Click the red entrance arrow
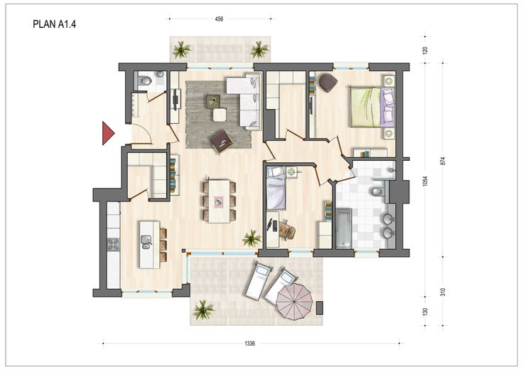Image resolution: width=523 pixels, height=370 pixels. click(107, 133)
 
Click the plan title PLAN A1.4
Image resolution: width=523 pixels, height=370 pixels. click(55, 24)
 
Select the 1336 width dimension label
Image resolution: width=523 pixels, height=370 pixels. click(250, 343)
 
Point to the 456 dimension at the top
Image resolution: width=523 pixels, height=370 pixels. click(219, 19)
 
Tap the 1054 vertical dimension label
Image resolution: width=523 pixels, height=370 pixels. click(425, 181)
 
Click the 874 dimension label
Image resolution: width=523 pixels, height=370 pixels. click(443, 162)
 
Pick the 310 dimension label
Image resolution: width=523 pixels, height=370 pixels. click(443, 292)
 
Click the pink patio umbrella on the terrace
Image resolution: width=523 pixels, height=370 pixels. click(294, 302)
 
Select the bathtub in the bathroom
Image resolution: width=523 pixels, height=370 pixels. click(343, 228)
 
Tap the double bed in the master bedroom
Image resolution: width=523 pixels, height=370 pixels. click(372, 107)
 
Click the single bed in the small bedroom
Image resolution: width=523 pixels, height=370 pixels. click(276, 188)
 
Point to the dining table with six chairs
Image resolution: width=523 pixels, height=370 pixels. click(219, 201)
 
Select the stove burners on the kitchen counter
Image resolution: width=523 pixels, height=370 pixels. click(113, 245)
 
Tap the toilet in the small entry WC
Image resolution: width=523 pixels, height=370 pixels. click(145, 80)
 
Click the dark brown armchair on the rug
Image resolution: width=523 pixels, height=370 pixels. click(222, 142)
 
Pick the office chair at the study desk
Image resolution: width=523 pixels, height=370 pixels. click(287, 231)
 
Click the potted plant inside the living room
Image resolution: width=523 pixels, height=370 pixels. click(252, 238)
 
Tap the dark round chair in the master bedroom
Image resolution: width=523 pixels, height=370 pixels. click(328, 83)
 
